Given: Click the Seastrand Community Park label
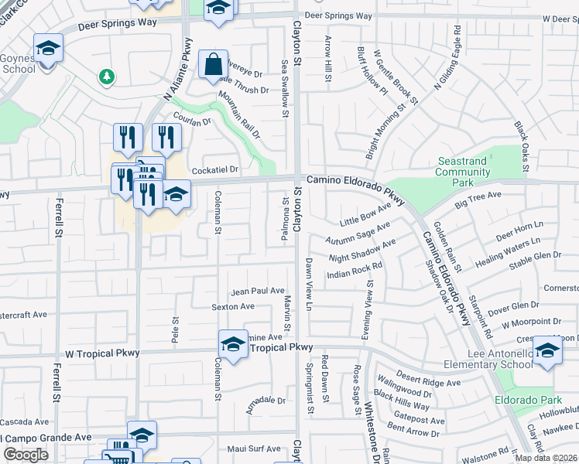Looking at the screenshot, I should point(462,172).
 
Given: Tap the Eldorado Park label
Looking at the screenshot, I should point(519,401).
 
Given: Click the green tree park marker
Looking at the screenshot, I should point(106,77).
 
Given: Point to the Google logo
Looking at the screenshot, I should point(26,455).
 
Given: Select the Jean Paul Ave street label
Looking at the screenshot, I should point(259,292).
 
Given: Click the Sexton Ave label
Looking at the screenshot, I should point(233,306).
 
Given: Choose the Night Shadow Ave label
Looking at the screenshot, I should point(362,250).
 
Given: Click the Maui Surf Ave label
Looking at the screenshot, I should point(255,449).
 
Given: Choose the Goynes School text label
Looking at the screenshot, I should point(17,63).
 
